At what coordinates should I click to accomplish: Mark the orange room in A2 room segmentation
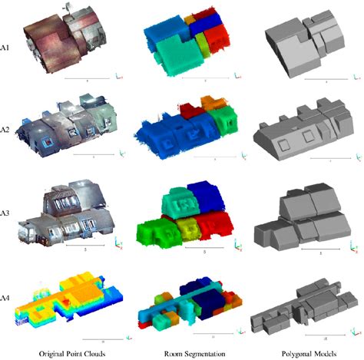(x=210, y=103)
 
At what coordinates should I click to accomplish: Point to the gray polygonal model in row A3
(x=299, y=215)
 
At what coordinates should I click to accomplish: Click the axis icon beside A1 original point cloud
(x=117, y=77)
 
